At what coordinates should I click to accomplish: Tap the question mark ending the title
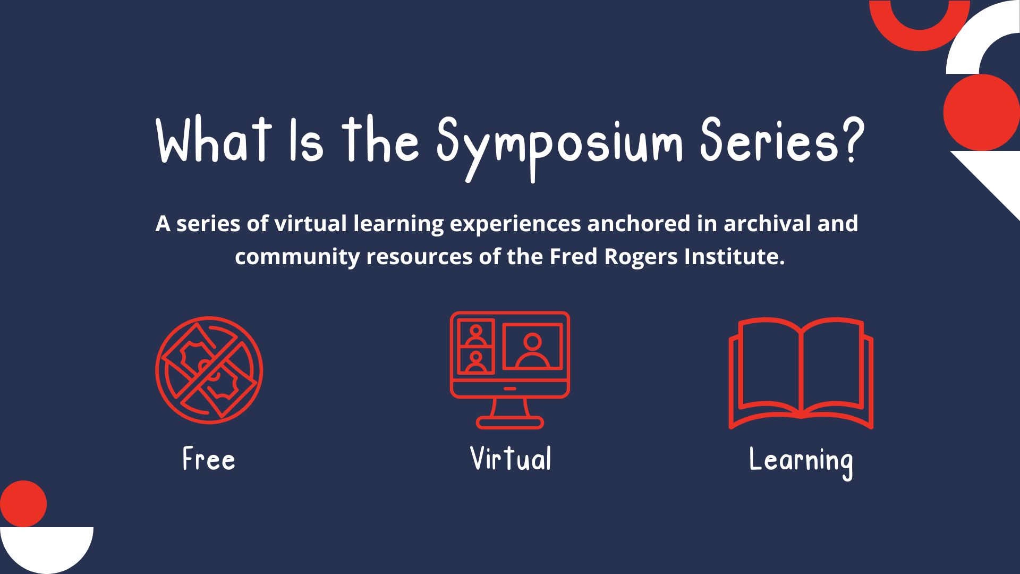point(850,139)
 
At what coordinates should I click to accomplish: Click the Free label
point(209,459)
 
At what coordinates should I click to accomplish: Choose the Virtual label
point(511,459)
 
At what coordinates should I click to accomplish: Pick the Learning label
point(801,461)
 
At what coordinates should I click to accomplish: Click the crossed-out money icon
point(209,370)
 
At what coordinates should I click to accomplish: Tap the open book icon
point(801,373)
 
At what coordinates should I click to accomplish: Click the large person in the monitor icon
point(532,351)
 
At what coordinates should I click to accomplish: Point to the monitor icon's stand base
point(510,423)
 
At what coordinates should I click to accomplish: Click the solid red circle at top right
point(982,113)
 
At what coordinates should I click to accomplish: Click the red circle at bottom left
point(23,504)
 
